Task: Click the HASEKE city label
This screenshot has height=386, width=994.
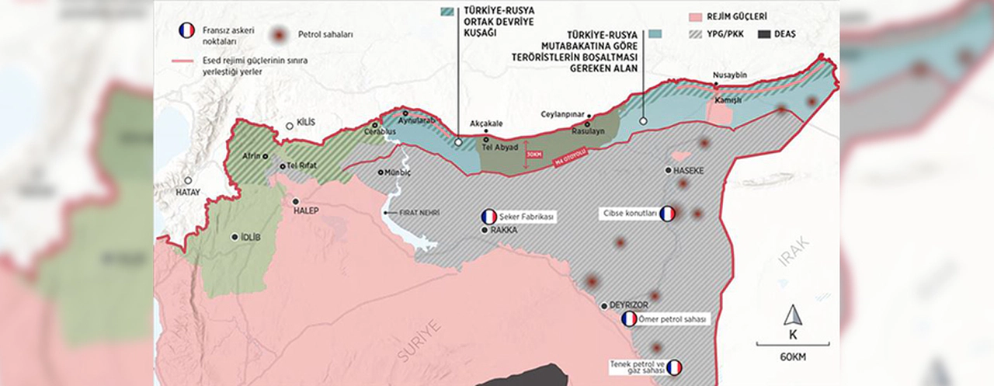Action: (689, 170)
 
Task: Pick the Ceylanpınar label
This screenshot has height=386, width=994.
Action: (562, 114)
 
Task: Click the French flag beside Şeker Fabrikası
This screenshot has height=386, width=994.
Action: (489, 217)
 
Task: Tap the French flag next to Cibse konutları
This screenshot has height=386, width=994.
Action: (667, 214)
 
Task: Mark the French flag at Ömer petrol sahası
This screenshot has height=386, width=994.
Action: (629, 319)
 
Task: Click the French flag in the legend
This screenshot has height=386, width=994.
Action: (186, 31)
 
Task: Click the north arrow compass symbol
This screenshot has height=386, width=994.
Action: (792, 315)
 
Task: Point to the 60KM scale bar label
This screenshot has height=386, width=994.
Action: (792, 356)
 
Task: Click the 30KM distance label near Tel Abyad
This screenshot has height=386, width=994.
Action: (533, 153)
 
